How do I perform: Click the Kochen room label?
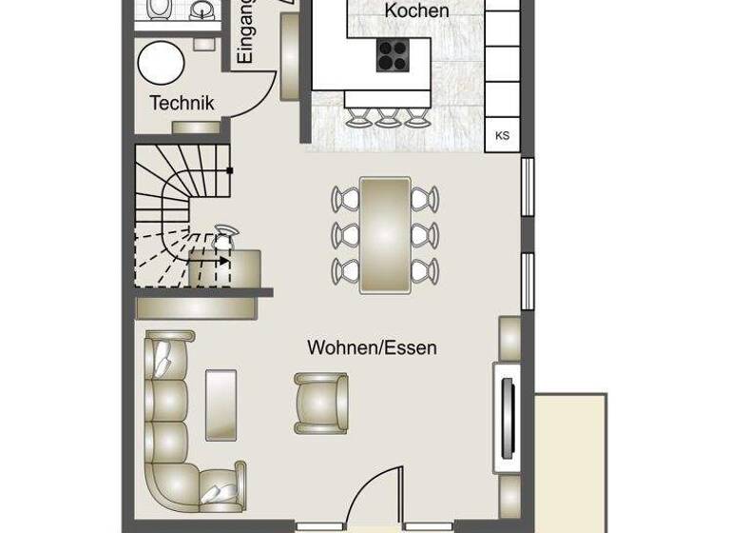click(x=416, y=11)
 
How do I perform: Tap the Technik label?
click(x=182, y=103)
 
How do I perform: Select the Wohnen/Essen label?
click(x=372, y=348)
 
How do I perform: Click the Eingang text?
click(x=245, y=34)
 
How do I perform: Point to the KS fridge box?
click(x=502, y=135)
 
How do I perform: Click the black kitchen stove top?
click(x=392, y=55)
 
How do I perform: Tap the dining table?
click(x=385, y=234)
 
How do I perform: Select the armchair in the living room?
click(x=321, y=403)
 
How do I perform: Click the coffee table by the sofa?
click(x=221, y=405)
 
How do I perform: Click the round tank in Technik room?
click(x=161, y=64)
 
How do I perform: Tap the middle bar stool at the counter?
click(x=387, y=118)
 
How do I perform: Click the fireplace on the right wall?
click(x=508, y=417)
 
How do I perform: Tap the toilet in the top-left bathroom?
click(x=159, y=9)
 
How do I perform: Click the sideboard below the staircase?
click(x=196, y=307)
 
